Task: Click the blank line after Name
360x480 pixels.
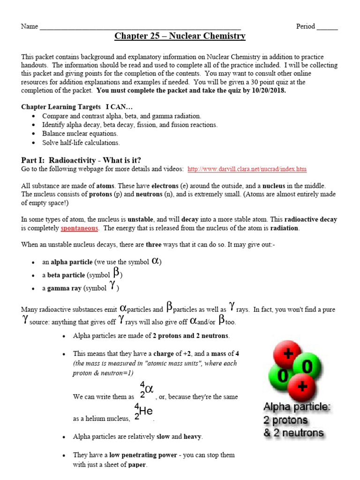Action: click(140, 27)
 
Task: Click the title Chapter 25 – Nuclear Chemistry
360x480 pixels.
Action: click(180, 36)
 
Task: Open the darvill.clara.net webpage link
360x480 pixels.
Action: click(247, 169)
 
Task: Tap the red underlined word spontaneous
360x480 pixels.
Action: click(79, 228)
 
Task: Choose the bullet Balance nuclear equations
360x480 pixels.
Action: click(80, 134)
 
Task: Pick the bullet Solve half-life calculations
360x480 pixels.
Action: click(81, 142)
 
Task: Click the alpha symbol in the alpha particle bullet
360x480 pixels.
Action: click(157, 261)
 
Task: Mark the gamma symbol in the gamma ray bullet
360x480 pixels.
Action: click(112, 287)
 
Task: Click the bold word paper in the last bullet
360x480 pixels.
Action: click(137, 465)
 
